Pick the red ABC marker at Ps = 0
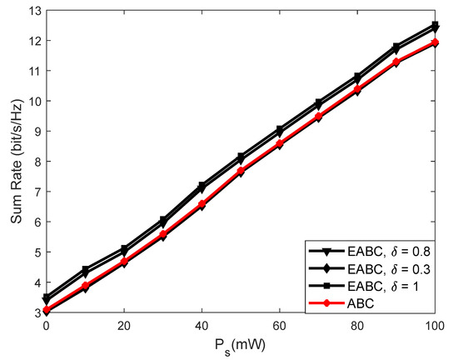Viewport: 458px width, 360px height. point(47,310)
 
